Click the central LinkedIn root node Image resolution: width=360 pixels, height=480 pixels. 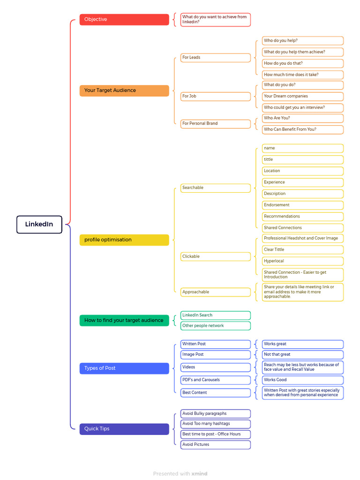[39, 225]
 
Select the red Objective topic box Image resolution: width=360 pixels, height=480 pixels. [124, 19]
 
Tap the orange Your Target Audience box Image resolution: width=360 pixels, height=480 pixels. [124, 90]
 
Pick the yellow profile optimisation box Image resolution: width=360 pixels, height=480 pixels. [124, 240]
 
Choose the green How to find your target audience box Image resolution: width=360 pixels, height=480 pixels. [124, 321]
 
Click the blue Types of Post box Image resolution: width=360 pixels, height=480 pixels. [124, 368]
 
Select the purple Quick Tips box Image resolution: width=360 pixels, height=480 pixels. [124, 429]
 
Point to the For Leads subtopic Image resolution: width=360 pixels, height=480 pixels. [216, 58]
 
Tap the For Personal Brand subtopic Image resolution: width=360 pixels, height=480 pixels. [216, 124]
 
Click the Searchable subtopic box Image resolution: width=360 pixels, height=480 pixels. [216, 188]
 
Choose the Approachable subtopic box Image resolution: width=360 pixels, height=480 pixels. [216, 292]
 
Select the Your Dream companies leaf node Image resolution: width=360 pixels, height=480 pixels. [303, 97]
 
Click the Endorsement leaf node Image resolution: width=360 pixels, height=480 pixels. [303, 205]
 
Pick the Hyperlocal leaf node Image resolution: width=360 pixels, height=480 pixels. [303, 261]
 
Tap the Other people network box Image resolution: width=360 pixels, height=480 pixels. [216, 326]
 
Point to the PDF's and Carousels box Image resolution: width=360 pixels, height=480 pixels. [216, 380]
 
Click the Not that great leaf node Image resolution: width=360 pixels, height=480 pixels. [303, 354]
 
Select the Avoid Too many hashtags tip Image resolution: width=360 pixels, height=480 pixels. [216, 424]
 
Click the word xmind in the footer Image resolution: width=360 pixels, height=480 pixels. [199, 473]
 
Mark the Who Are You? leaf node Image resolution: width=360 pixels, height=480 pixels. [303, 118]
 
